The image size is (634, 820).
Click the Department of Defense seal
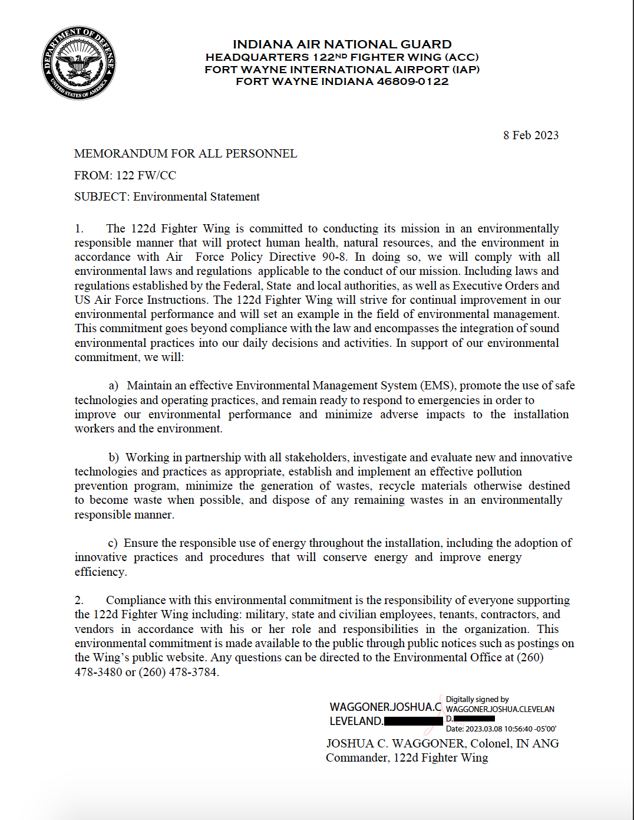pos(78,63)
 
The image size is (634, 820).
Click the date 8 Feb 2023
pos(530,135)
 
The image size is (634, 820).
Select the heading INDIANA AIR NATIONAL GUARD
pos(342,44)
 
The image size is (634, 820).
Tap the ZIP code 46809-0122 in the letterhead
pos(412,81)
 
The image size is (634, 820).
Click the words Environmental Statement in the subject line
pos(196,196)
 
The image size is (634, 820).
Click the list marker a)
pos(113,386)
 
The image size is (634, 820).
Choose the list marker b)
pos(113,458)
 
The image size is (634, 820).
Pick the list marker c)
pos(113,543)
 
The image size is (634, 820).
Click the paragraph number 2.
pos(79,601)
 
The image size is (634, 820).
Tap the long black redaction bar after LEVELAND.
pos(413,721)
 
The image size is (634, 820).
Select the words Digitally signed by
pos(477,699)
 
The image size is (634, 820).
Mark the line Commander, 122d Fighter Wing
pos(407,757)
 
